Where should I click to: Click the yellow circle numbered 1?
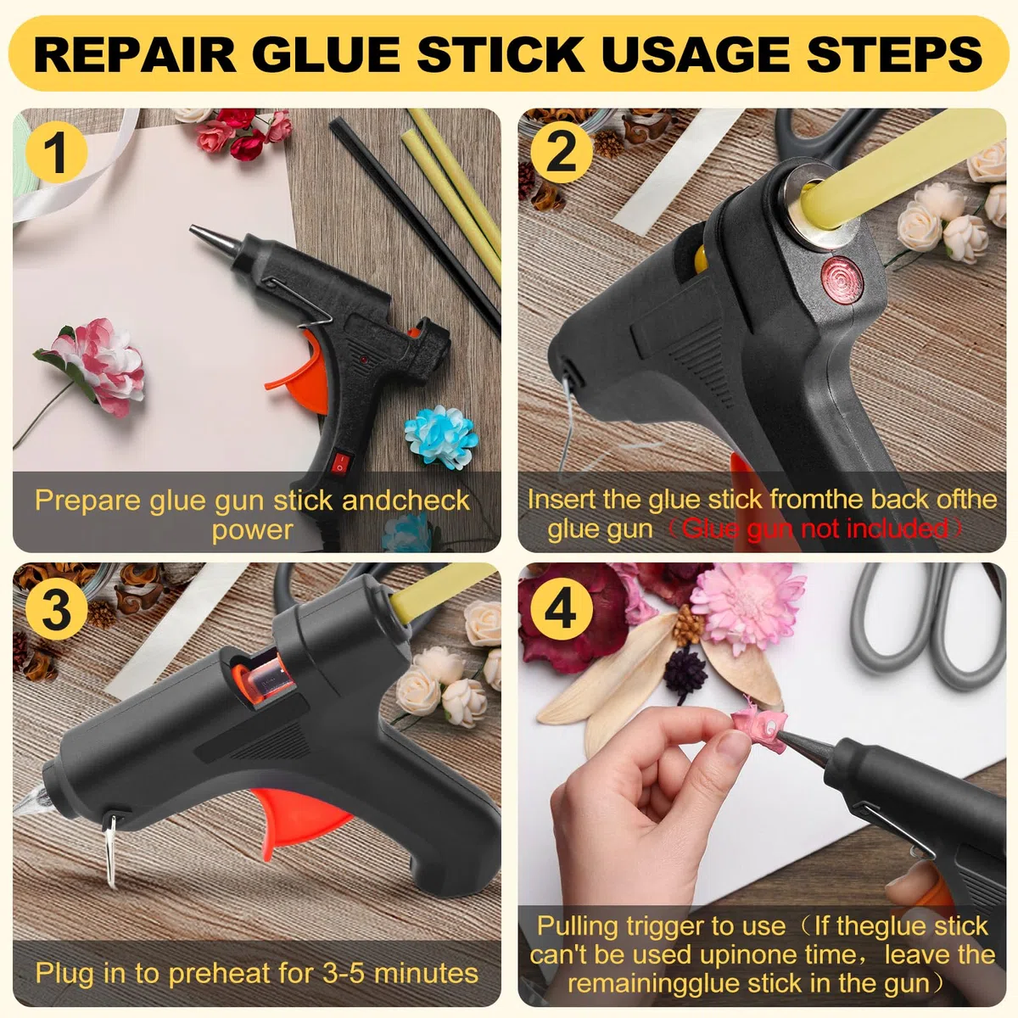(57, 153)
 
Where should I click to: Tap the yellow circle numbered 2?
(562, 153)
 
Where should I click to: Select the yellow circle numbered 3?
(57, 609)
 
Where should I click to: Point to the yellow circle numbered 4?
(562, 609)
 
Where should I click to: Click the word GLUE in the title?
(329, 54)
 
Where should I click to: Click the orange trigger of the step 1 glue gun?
(299, 371)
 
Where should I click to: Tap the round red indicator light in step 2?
(842, 278)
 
